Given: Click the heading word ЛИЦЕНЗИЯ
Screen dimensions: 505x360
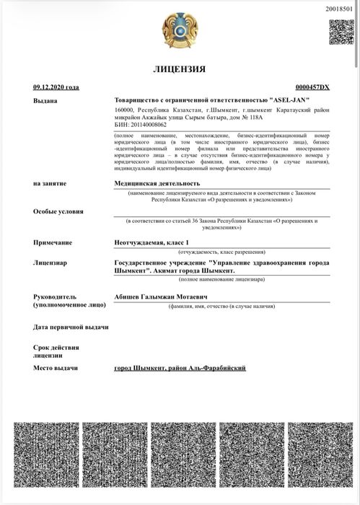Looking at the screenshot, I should coord(180,69).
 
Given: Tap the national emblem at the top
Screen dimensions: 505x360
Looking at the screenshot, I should coord(180,28).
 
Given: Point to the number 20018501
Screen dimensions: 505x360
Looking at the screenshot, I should coord(340,8).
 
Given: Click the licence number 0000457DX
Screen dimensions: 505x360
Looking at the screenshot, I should coord(312,87).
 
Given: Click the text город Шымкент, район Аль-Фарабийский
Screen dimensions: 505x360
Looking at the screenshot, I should coord(180,368).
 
